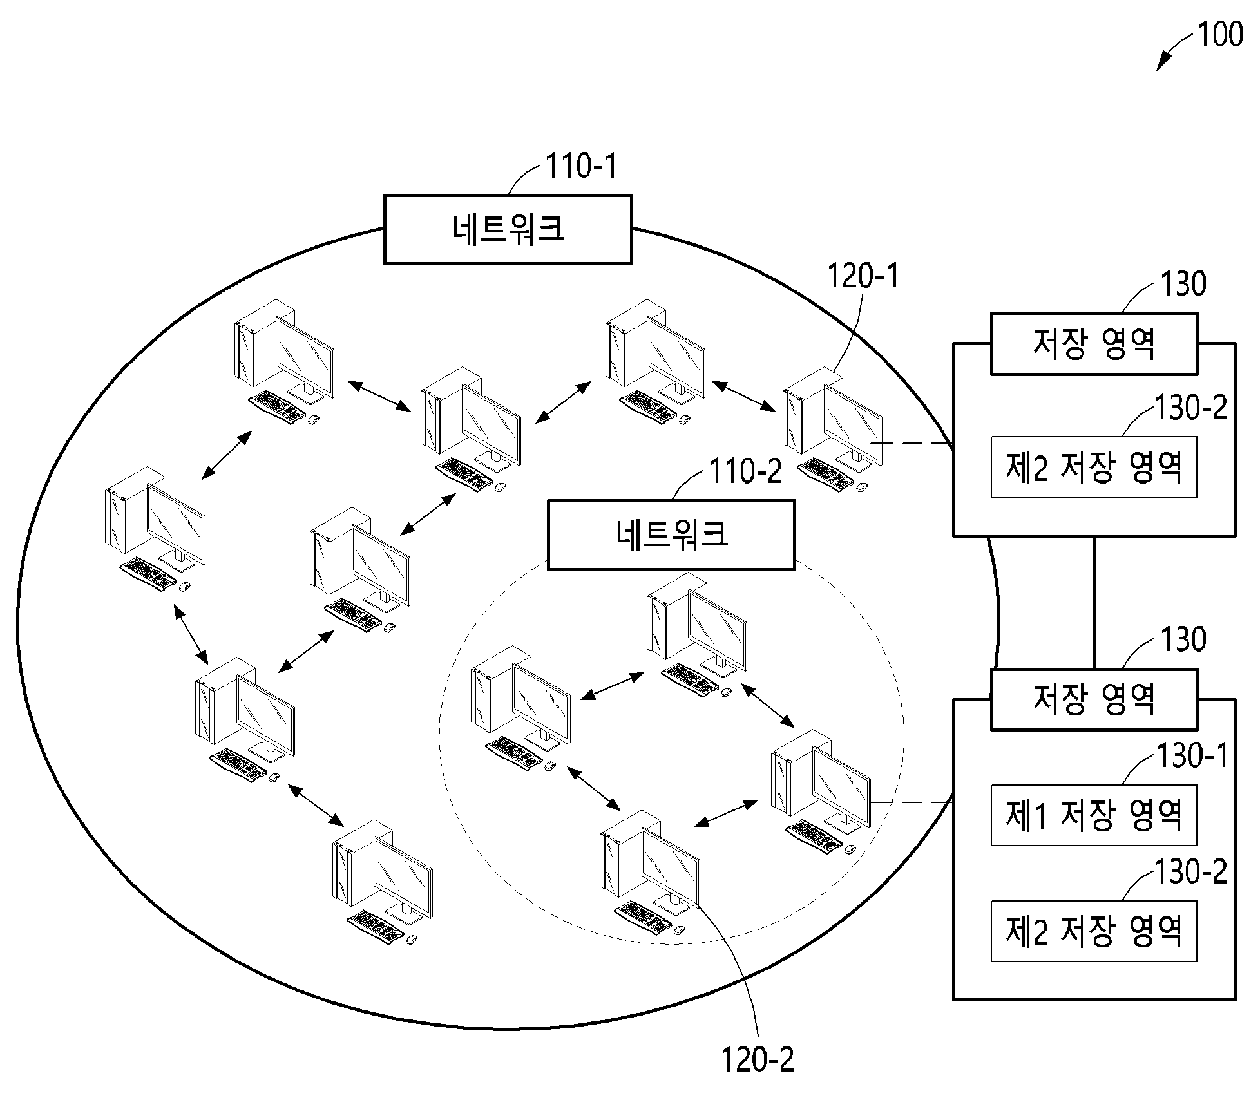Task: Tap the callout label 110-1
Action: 581,166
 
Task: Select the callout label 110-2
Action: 745,471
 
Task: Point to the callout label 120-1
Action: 862,276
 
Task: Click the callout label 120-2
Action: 758,1059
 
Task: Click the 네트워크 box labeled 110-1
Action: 508,229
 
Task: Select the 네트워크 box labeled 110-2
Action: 671,535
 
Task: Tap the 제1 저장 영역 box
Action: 1094,815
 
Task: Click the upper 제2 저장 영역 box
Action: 1094,467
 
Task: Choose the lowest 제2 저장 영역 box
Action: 1094,931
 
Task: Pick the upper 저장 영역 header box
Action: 1094,343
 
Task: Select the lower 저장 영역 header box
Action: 1094,699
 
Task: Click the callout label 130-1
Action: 1192,755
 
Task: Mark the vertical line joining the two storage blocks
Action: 1094,602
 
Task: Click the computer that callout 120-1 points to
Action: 833,429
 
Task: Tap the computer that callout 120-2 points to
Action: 649,873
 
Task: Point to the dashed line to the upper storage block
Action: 912,444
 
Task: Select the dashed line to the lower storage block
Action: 912,802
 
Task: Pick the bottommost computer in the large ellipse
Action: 383,882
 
